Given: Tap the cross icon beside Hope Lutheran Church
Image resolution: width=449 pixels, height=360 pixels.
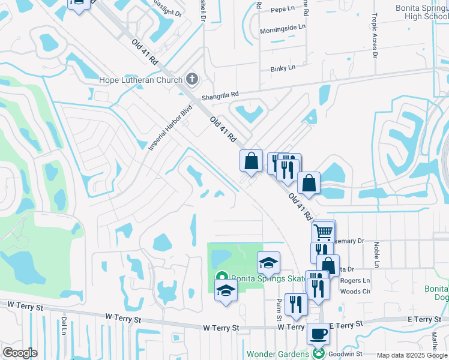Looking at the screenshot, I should (192, 79).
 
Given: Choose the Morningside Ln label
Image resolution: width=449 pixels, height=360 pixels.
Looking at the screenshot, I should (283, 28).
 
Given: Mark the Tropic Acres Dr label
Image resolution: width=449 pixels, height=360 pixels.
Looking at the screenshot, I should (375, 35).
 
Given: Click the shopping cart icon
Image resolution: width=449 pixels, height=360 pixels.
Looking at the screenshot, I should (324, 231).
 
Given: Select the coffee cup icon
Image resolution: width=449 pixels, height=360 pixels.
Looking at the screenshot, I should (318, 332).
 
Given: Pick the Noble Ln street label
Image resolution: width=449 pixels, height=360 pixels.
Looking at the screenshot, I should (376, 255).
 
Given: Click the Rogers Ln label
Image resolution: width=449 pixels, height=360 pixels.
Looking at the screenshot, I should (355, 281).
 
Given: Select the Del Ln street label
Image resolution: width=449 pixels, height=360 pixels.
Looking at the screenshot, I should (64, 327).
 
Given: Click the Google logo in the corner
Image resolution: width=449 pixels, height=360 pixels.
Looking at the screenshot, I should (20, 353).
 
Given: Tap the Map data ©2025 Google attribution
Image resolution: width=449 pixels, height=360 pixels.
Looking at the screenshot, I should (412, 355).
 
